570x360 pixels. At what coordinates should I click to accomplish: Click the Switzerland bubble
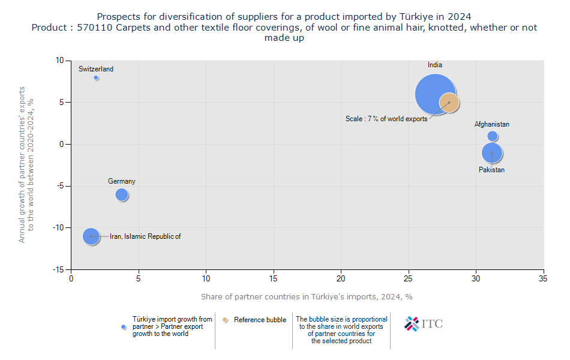pyautogui.click(x=96, y=78)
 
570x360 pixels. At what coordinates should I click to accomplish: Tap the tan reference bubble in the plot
pyautogui.click(x=449, y=103)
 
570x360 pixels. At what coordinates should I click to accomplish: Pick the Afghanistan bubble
pyautogui.click(x=493, y=136)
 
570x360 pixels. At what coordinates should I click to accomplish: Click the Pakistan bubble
pyautogui.click(x=492, y=153)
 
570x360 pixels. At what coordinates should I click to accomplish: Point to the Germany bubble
pyautogui.click(x=122, y=194)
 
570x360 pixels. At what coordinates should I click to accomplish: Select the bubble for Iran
pyautogui.click(x=91, y=236)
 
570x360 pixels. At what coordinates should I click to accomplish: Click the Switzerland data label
pyautogui.click(x=96, y=69)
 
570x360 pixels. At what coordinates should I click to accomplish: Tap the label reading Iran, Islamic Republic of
pyautogui.click(x=145, y=236)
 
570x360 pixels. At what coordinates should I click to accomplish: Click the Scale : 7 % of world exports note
pyautogui.click(x=386, y=119)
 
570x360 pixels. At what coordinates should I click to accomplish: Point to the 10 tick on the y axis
pyautogui.click(x=59, y=61)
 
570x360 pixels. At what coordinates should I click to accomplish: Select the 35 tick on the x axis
pyautogui.click(x=543, y=279)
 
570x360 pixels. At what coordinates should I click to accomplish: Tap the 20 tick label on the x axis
pyautogui.click(x=341, y=279)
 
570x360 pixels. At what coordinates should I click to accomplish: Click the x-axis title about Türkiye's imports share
pyautogui.click(x=307, y=296)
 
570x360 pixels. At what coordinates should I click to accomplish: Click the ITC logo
pyautogui.click(x=424, y=323)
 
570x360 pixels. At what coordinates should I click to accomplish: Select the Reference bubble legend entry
pyautogui.click(x=260, y=320)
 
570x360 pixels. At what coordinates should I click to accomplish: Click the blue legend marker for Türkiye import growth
pyautogui.click(x=124, y=327)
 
